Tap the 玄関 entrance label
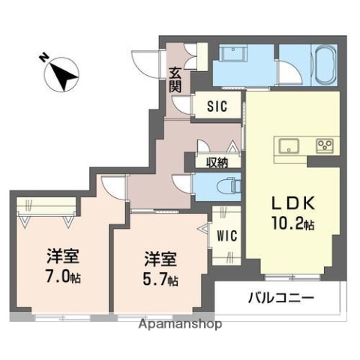[x=174, y=79]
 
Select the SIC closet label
[x=217, y=107]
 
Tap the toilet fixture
[x=226, y=185]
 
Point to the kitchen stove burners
[x=325, y=144]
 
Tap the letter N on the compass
[x=43, y=57]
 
